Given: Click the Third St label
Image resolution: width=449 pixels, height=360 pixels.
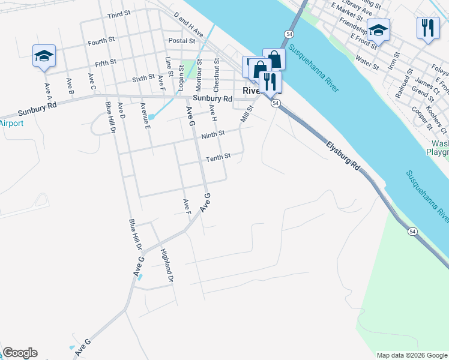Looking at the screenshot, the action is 119,15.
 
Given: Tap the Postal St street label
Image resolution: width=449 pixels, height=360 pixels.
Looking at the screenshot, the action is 182,41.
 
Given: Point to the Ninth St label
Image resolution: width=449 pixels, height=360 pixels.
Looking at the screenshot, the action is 213,134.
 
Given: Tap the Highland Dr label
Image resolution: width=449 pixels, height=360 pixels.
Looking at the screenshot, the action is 167,266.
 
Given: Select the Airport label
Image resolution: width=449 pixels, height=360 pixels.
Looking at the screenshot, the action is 11,124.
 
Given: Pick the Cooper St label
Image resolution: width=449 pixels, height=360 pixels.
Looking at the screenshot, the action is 421,118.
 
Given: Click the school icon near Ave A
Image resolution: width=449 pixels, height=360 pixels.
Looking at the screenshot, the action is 44,56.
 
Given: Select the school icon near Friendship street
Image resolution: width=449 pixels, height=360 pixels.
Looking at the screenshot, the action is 379,29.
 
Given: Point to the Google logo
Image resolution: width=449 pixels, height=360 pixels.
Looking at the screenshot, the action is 20,353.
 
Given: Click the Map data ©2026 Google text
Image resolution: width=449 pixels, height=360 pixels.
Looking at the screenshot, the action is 412,355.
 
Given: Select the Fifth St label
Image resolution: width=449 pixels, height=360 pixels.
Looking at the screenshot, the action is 105,63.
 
